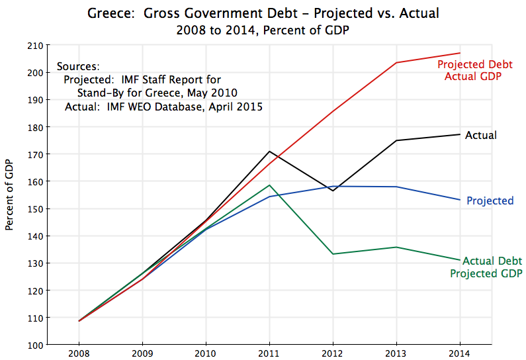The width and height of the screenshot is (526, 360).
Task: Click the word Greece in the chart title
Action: click(109, 13)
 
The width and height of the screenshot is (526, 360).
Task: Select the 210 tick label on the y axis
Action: click(35, 46)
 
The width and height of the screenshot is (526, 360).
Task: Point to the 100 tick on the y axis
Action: click(35, 345)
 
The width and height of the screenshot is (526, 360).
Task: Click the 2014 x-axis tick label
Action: click(459, 354)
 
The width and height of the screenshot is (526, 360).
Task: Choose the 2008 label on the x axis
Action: click(79, 354)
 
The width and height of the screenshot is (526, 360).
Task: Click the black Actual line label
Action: click(481, 135)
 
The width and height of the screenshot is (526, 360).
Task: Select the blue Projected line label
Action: click(490, 201)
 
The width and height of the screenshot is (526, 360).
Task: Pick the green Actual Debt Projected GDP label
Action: click(487, 267)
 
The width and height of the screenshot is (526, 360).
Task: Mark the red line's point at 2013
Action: click(396, 63)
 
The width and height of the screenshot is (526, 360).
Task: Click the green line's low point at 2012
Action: click(333, 254)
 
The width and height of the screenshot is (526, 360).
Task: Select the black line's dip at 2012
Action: click(333, 191)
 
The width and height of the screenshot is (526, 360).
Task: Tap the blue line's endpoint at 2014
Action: click(459, 200)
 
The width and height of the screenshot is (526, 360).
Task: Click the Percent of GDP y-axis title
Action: click(10, 195)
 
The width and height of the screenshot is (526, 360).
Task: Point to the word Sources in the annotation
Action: click(78, 67)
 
